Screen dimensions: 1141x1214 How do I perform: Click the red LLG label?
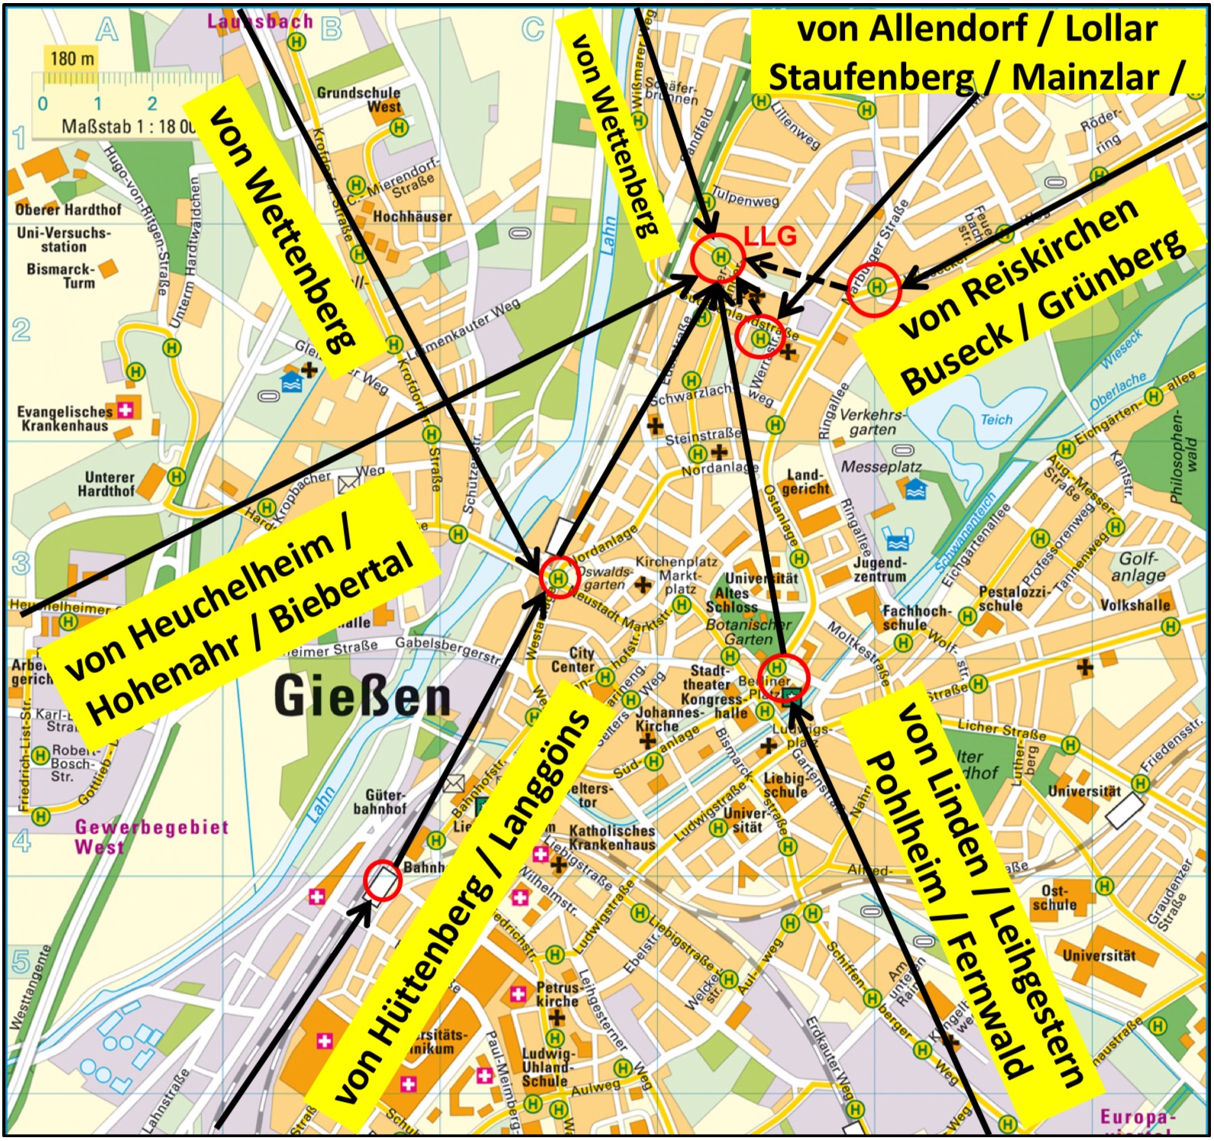pyautogui.click(x=769, y=236)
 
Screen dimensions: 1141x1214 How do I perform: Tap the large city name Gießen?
pyautogui.click(x=362, y=696)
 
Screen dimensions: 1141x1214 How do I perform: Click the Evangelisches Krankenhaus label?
pyautogui.click(x=64, y=418)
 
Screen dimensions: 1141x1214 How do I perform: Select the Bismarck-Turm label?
pyautogui.click(x=61, y=275)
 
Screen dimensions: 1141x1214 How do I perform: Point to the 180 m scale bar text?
pyautogui.click(x=73, y=58)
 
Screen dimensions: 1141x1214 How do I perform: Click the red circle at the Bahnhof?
pyautogui.click(x=382, y=881)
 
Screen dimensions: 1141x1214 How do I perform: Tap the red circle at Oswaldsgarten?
pyautogui.click(x=558, y=578)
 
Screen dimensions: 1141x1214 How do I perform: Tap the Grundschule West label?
pyautogui.click(x=359, y=99)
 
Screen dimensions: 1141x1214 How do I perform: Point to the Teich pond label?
pyautogui.click(x=996, y=420)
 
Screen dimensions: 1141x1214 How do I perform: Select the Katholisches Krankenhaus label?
pyautogui.click(x=611, y=837)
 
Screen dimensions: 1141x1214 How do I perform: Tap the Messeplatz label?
pyautogui.click(x=881, y=466)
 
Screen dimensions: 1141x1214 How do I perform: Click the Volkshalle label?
pyautogui.click(x=1134, y=605)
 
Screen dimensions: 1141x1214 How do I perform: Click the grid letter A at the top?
pyautogui.click(x=107, y=31)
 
